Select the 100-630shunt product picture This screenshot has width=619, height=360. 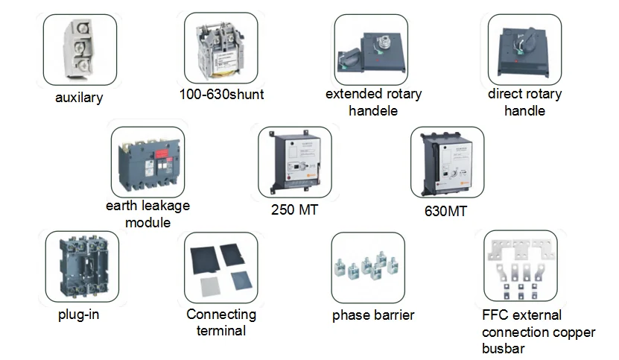221,48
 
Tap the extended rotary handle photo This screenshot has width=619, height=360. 370,48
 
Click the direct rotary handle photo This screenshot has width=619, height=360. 524,48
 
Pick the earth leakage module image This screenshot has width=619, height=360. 147,162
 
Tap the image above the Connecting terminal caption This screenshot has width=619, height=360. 221,267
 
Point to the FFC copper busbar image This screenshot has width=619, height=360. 521,267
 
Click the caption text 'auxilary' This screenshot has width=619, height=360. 79,98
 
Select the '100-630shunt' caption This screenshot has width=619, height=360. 221,95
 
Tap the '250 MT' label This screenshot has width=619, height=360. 293,210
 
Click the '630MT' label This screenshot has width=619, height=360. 446,211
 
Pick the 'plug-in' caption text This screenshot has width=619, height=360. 78,315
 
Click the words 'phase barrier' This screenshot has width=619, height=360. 373,315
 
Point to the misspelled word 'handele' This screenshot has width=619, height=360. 373,111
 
